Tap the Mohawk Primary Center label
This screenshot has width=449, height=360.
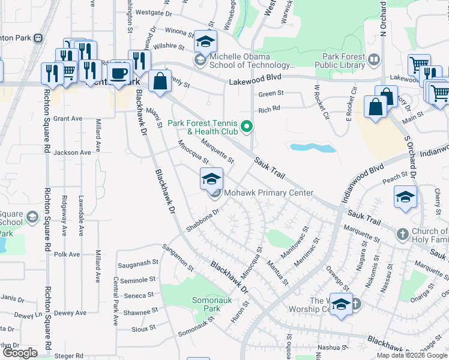(x=268, y=193)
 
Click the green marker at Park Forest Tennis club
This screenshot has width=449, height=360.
(x=246, y=126)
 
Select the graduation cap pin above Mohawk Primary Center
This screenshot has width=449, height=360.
(x=211, y=179)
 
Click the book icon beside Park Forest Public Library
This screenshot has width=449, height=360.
(x=373, y=60)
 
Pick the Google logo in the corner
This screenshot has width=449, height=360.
(x=20, y=353)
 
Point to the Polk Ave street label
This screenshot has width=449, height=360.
(x=67, y=254)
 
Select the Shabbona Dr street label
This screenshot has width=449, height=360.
(x=204, y=219)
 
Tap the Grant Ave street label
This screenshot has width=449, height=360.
(x=67, y=119)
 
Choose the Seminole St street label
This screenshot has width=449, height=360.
(x=138, y=280)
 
